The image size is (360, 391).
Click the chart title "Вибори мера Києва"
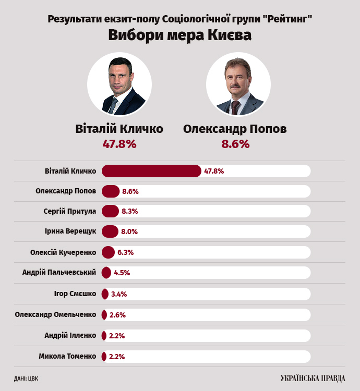[x=179, y=35]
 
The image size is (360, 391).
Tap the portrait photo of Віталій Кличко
[x=119, y=85]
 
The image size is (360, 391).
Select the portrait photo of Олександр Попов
[x=238, y=85]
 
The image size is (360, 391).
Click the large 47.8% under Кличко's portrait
[x=119, y=144]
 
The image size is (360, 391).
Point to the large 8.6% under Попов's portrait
[x=235, y=144]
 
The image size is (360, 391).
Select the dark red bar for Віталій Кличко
[x=151, y=171]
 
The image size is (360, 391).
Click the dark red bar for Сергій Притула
[x=111, y=211]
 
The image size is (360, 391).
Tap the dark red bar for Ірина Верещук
[x=110, y=231]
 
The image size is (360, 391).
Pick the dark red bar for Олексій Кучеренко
[x=108, y=252]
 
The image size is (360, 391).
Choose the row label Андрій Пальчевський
[x=59, y=273]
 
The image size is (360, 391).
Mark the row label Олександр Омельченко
[x=55, y=314]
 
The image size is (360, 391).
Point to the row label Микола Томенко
[x=67, y=357]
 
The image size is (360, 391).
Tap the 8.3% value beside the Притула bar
[x=130, y=211]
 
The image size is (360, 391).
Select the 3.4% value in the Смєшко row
[x=119, y=294]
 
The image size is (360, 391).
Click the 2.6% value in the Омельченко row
[x=117, y=315]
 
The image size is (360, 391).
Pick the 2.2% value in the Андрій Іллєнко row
[x=117, y=336]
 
